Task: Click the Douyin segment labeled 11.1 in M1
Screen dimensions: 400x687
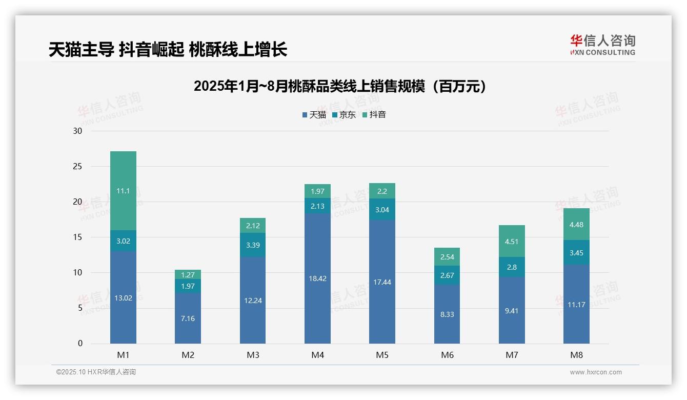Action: coord(123,191)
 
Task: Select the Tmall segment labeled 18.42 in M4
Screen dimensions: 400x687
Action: coord(317,278)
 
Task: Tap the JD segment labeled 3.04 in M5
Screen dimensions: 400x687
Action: coord(382,209)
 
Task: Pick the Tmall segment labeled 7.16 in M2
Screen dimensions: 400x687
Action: coord(188,318)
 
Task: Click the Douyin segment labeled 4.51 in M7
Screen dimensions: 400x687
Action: coord(512,241)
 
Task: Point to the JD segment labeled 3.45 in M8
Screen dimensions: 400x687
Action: coord(576,252)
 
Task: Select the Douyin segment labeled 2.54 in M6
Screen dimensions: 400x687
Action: coord(447,257)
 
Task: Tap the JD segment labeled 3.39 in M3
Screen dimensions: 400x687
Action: coord(253,245)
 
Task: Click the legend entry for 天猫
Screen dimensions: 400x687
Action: coord(314,115)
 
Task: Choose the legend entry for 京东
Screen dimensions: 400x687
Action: coord(344,115)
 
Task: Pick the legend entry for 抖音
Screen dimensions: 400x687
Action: coord(374,115)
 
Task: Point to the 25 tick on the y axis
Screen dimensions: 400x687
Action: coord(77,167)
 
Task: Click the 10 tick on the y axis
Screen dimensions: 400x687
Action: coord(77,273)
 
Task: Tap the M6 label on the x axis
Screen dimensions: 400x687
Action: coord(447,355)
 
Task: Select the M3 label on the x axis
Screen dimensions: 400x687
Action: coord(253,355)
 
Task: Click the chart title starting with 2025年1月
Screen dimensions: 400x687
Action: coord(340,87)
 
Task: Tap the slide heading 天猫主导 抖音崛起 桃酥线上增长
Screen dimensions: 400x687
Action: coord(168,50)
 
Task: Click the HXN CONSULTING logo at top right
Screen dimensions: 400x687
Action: coord(602,45)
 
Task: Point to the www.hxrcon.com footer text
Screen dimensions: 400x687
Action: coord(596,372)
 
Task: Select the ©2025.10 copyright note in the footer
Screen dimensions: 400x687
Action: coord(96,372)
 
